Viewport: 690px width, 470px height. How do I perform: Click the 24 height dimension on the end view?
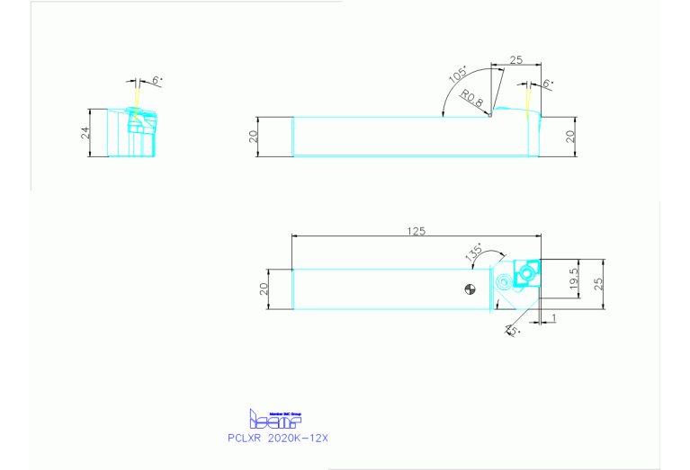pos(85,133)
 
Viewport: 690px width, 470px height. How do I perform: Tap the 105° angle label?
pos(458,74)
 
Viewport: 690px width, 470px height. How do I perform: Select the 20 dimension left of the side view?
pos(254,137)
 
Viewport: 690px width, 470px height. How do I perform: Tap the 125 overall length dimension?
pos(415,231)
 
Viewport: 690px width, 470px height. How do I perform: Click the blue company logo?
pos(274,418)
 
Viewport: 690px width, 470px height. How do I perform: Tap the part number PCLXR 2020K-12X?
pos(278,438)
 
